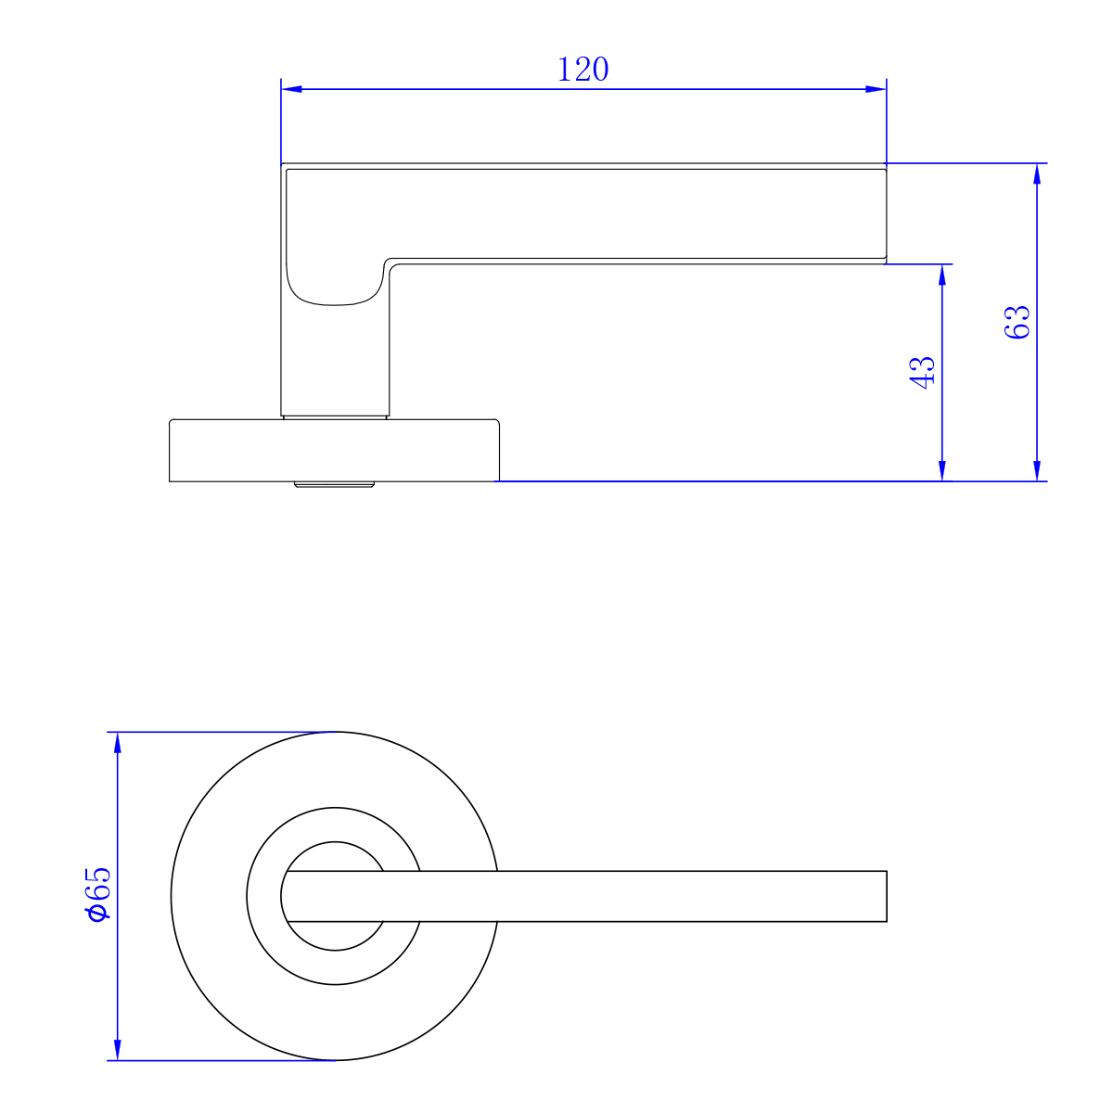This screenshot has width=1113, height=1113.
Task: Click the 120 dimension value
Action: pyautogui.click(x=583, y=70)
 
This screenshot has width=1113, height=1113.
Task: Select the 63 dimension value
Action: pyautogui.click(x=1017, y=322)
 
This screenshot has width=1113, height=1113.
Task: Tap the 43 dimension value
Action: pyautogui.click(x=924, y=372)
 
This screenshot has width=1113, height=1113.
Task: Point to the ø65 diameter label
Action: pyautogui.click(x=97, y=895)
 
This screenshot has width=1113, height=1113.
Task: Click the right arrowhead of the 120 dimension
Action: pyautogui.click(x=876, y=90)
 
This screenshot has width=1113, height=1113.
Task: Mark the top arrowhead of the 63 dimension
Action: pyautogui.click(x=1037, y=174)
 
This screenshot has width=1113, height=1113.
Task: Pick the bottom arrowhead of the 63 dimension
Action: pyautogui.click(x=1037, y=470)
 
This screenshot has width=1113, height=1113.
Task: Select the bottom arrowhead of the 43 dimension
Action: pyautogui.click(x=943, y=470)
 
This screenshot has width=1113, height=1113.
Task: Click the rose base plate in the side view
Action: pyautogui.click(x=335, y=451)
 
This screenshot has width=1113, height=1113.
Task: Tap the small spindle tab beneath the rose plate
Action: pyautogui.click(x=334, y=484)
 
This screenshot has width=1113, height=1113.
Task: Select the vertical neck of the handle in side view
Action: pyautogui.click(x=334, y=362)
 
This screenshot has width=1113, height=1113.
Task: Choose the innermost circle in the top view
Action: pyautogui.click(x=335, y=896)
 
